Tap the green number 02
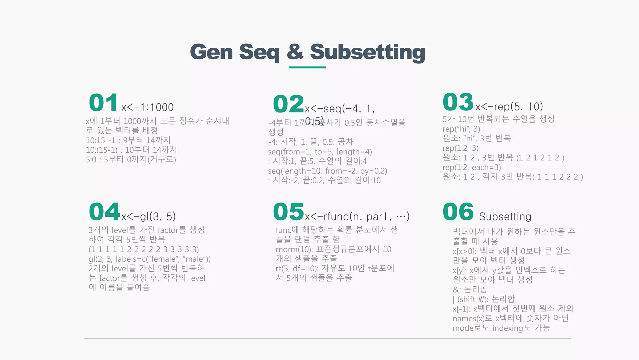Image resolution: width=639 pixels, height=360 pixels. pos(288,104)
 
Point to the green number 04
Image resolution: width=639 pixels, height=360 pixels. pos(104,212)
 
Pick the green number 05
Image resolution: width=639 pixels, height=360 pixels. pos(288,212)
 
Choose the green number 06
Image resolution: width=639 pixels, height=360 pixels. pos(458,212)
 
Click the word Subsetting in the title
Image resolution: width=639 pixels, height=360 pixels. pos(367,52)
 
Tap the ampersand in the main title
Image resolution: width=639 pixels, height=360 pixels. pos(295,52)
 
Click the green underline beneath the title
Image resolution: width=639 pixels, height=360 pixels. pos(307,67)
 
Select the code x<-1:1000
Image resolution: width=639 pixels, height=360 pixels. pos(147,107)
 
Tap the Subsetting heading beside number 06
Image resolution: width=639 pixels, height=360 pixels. pos(505,216)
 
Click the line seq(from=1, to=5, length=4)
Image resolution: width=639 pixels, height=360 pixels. pos(320,152)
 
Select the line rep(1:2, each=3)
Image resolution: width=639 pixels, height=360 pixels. pos(471,167)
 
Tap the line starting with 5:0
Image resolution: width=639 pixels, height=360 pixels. pos(131,160)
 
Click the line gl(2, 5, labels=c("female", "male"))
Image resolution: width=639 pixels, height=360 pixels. pos(149,259)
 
